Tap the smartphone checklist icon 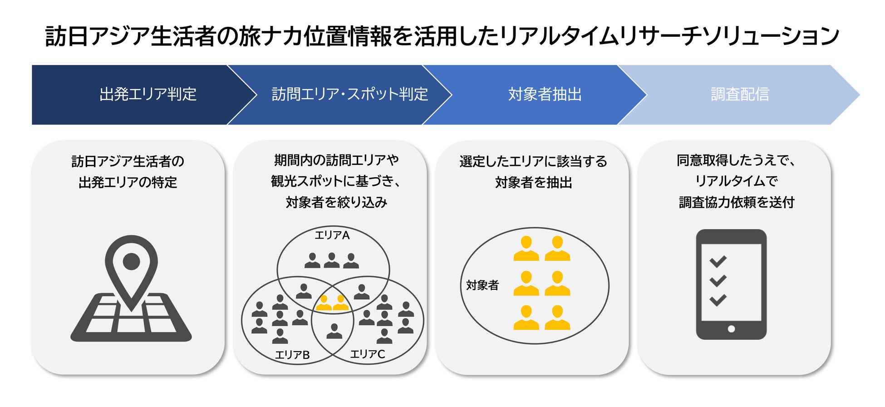[x=731, y=284]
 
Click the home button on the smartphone [x=731, y=329]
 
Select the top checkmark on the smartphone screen [x=718, y=261]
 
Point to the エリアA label [x=332, y=235]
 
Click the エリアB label [x=292, y=355]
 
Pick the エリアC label [x=367, y=354]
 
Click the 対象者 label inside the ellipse [x=482, y=285]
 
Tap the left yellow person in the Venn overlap [x=324, y=303]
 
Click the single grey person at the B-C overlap [x=334, y=331]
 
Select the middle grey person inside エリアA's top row [x=332, y=260]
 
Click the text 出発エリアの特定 [x=128, y=182]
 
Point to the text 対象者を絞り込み [x=336, y=202]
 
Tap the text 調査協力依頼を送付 [x=736, y=202]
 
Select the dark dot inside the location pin [x=131, y=261]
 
